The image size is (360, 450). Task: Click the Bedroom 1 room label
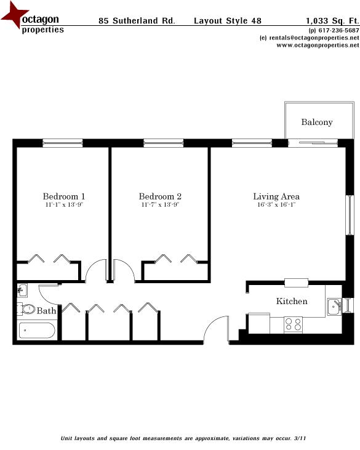click(x=64, y=196)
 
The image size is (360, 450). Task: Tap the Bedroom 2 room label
click(x=160, y=196)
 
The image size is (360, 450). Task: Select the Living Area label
click(x=276, y=196)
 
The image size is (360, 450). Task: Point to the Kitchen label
click(x=292, y=301)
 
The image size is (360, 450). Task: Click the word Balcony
click(x=317, y=122)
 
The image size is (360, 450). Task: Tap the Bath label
click(x=46, y=311)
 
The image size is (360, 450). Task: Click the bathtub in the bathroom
click(x=37, y=331)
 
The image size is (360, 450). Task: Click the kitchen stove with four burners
click(x=292, y=324)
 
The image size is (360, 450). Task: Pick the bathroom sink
click(x=22, y=289)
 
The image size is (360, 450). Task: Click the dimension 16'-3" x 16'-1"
click(x=276, y=206)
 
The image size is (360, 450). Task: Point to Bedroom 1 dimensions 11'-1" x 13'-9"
click(x=64, y=206)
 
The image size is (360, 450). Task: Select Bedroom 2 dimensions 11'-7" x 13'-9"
click(x=160, y=206)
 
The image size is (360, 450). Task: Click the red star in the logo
click(x=14, y=16)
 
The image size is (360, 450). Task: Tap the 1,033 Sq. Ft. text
click(x=332, y=20)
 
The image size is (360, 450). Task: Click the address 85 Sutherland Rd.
click(x=137, y=20)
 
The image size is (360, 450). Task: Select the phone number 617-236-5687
click(x=338, y=30)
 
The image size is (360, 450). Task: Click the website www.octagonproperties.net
click(x=313, y=45)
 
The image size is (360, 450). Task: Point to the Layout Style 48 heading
click(x=227, y=20)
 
